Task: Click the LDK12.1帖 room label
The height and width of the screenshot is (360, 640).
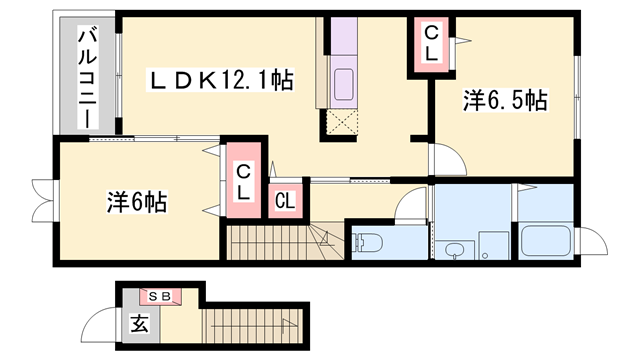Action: (220, 80)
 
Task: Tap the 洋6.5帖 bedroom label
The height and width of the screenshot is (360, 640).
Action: (505, 100)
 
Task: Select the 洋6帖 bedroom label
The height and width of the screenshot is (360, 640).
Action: (137, 202)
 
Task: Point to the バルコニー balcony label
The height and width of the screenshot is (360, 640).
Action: (88, 78)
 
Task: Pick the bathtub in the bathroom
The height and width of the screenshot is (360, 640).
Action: (546, 241)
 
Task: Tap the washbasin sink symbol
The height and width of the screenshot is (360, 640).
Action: (453, 250)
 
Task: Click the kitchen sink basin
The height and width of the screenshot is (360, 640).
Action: (344, 84)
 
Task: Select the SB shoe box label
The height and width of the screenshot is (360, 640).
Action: (159, 297)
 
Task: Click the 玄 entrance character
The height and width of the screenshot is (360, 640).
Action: (140, 323)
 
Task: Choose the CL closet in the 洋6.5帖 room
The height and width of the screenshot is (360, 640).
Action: (431, 44)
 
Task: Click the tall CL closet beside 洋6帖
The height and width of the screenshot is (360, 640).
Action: (244, 180)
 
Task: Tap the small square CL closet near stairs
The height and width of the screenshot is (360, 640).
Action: (285, 201)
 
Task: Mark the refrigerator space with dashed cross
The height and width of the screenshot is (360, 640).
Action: (342, 122)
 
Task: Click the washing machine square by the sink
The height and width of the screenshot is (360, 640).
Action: (494, 246)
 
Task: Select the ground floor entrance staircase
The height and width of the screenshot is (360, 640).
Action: (253, 326)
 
